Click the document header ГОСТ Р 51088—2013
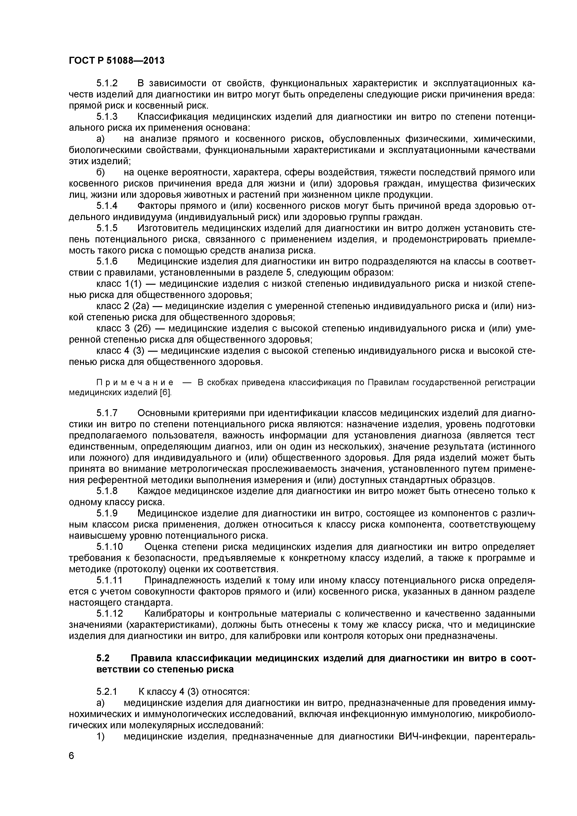pos(117,61)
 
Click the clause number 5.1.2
pos(107,84)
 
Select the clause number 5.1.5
pos(107,228)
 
